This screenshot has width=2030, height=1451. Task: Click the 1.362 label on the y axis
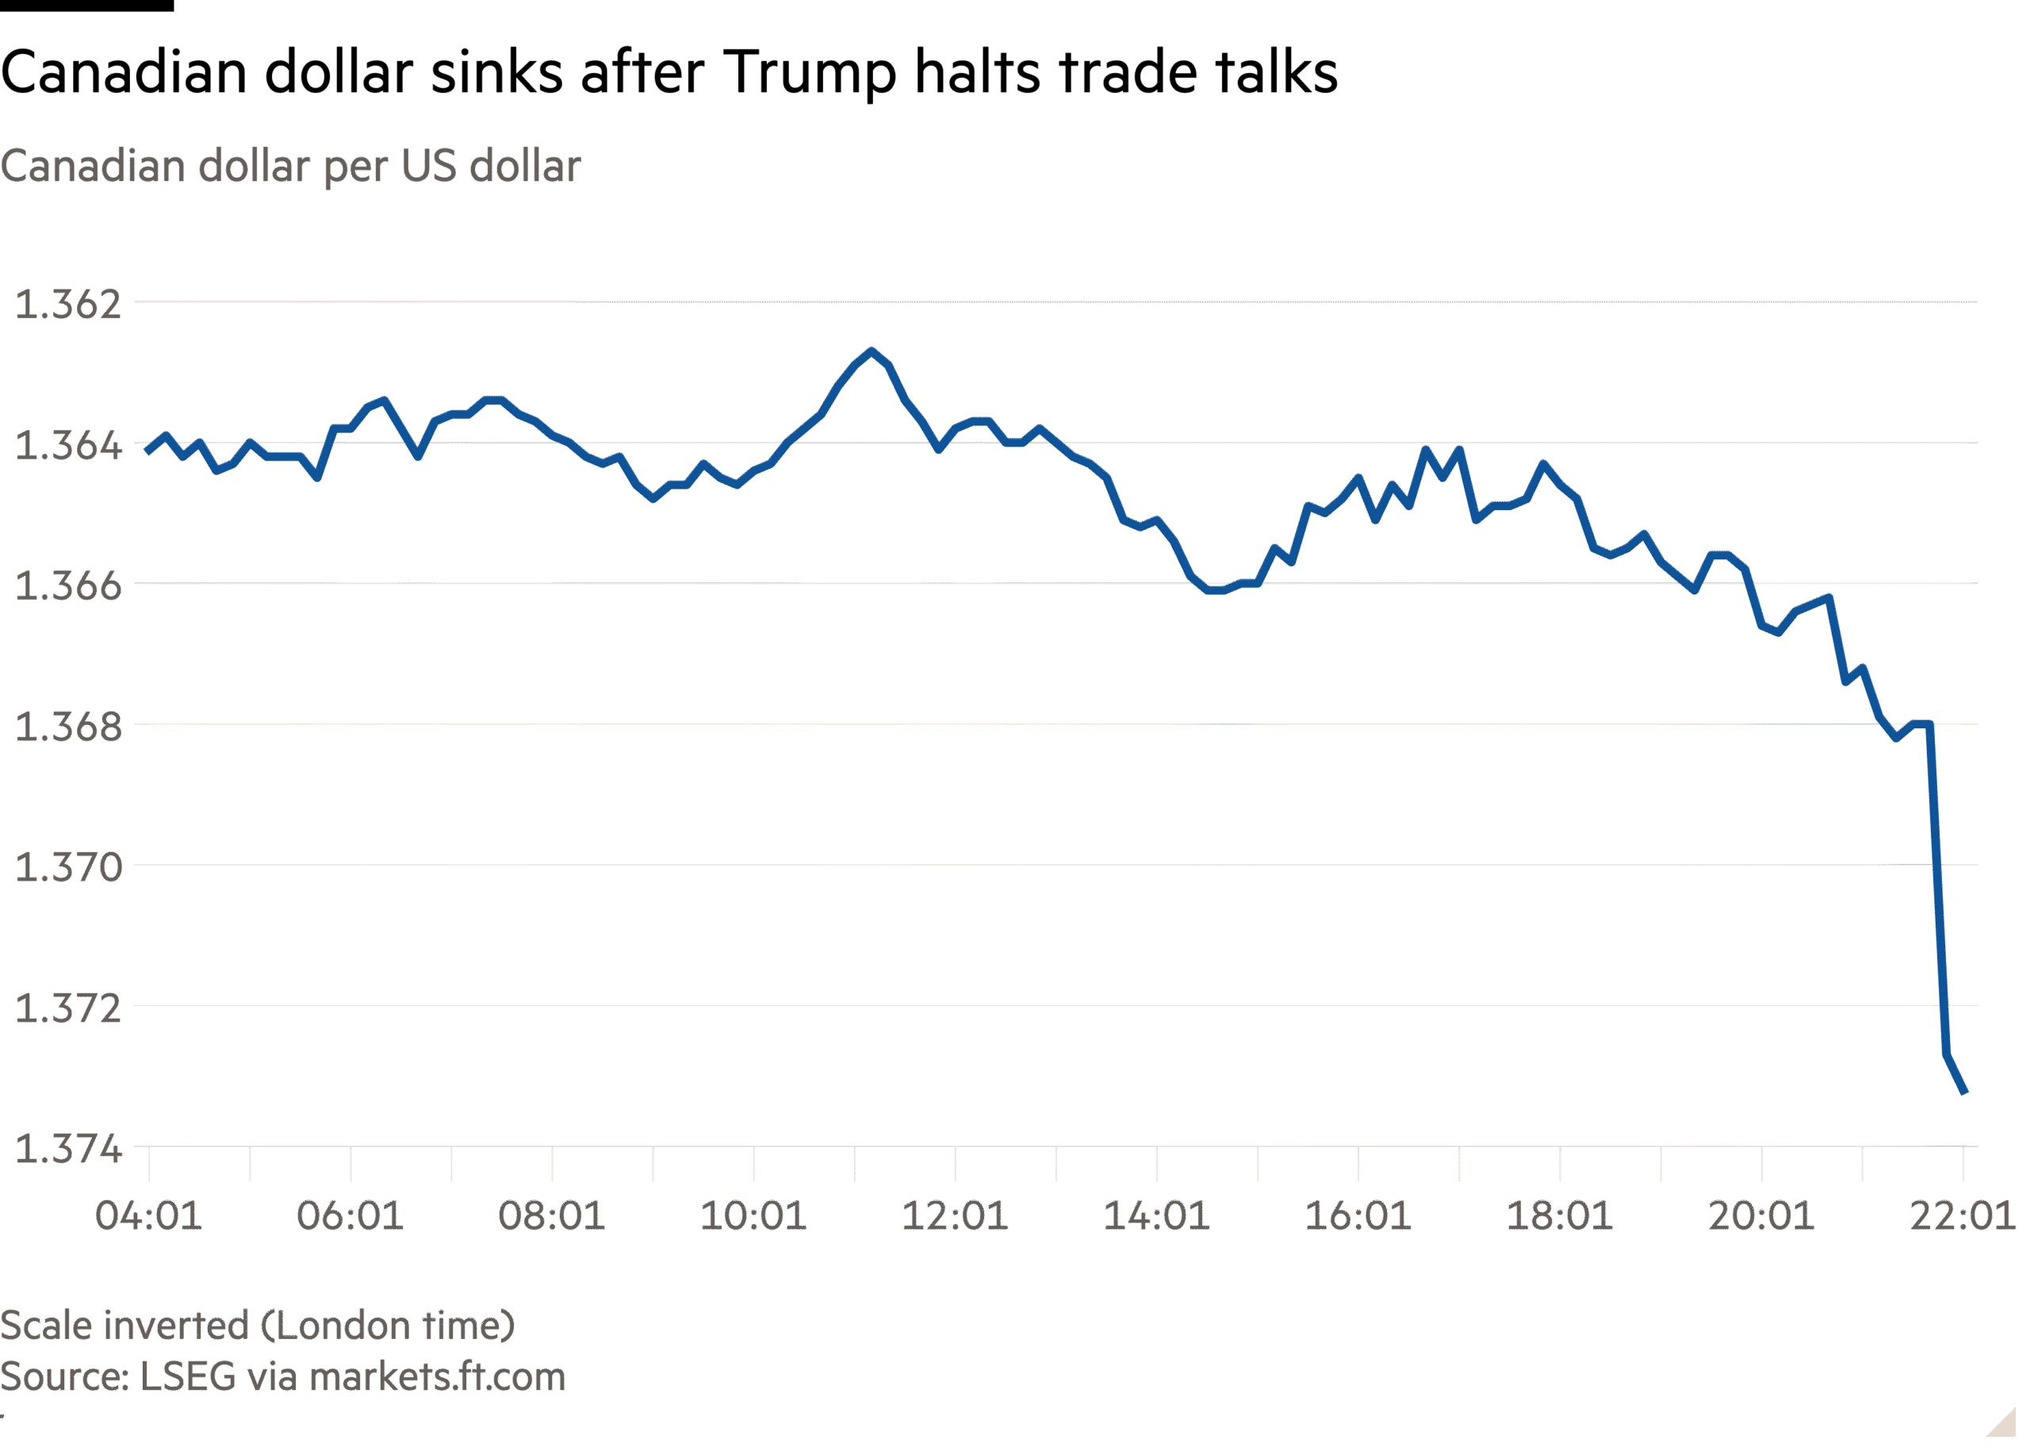[68, 305]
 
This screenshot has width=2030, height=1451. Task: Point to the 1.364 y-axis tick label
[68, 445]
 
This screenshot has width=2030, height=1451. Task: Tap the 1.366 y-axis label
[68, 586]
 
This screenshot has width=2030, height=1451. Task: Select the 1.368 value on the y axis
[68, 727]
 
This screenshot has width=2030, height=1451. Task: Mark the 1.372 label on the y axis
[68, 1008]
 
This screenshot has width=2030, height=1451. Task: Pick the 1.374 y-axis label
[68, 1148]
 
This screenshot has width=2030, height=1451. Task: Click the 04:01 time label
[148, 1216]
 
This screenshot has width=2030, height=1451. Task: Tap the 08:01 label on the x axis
[551, 1216]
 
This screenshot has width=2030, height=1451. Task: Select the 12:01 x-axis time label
[955, 1216]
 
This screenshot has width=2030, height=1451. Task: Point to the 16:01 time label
[1358, 1216]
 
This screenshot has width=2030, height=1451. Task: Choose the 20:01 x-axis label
[1760, 1216]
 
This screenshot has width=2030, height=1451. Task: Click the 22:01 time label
[1961, 1216]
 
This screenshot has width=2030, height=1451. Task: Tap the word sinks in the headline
[496, 71]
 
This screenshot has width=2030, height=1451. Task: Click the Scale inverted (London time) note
[257, 1325]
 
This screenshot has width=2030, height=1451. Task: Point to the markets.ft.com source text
[437, 1377]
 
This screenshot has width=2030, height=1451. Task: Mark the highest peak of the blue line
[871, 351]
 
